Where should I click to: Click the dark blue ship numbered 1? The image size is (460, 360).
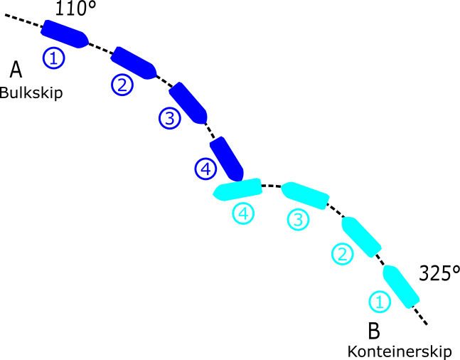(x=64, y=34)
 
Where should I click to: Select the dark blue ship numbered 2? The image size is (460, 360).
(x=134, y=63)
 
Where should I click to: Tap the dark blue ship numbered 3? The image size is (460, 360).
(x=188, y=103)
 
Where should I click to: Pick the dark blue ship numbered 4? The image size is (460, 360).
(x=227, y=159)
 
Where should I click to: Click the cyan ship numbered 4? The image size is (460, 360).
(x=238, y=189)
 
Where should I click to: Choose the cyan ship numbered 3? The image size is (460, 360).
(x=305, y=195)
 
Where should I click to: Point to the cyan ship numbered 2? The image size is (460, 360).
(x=361, y=237)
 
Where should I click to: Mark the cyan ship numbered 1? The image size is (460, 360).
(x=401, y=287)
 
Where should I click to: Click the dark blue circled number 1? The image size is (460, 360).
(x=53, y=58)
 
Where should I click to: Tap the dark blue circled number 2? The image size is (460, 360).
(x=122, y=85)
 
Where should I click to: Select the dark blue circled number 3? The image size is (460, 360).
(x=170, y=118)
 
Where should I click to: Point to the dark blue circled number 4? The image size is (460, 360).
(x=205, y=169)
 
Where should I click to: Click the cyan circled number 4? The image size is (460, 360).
(x=243, y=213)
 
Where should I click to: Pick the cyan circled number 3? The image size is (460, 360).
(x=298, y=219)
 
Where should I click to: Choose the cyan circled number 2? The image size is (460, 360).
(x=343, y=254)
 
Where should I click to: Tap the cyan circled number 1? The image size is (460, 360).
(x=380, y=302)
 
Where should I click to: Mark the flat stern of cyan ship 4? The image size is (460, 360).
(x=260, y=186)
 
